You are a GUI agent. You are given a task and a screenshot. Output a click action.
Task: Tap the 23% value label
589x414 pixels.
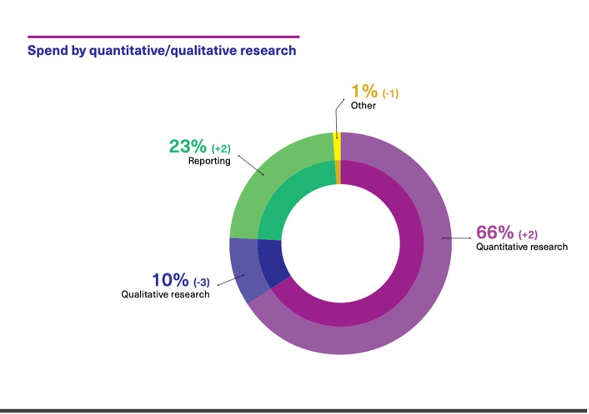[188, 146]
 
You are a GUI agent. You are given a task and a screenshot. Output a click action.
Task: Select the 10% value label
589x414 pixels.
[170, 280]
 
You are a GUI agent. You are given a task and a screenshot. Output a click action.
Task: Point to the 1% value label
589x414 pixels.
[364, 91]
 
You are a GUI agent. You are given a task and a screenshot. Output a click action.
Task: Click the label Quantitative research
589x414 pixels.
[522, 247]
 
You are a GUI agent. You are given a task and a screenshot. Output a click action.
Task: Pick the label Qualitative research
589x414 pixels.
[166, 294]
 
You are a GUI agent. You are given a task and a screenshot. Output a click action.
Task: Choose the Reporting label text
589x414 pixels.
[209, 161]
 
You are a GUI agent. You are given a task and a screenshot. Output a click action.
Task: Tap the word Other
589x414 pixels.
[363, 105]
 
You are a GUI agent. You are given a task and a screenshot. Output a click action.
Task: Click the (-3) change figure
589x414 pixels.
[202, 282]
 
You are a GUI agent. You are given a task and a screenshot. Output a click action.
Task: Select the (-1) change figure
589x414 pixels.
[391, 94]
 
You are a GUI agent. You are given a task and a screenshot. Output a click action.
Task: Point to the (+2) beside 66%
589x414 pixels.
[528, 235]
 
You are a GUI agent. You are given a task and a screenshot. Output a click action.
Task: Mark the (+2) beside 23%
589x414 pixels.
[221, 149]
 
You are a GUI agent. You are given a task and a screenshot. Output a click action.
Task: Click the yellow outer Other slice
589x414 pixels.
[337, 146]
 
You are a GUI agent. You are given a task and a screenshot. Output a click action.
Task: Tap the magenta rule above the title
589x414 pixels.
[163, 37]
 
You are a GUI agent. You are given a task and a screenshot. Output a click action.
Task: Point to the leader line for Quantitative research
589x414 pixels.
[457, 238]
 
